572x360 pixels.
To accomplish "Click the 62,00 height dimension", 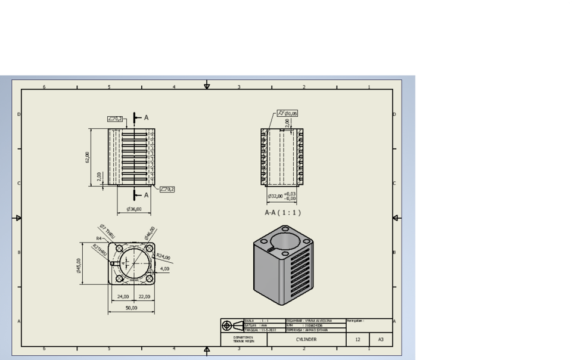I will click(87, 157).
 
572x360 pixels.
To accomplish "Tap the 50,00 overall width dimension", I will click(131, 308).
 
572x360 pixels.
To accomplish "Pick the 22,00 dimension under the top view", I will click(144, 296).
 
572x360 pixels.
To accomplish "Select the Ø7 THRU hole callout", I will click(107, 231).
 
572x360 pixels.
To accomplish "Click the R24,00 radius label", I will click(163, 257).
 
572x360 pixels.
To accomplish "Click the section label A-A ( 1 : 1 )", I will click(283, 212).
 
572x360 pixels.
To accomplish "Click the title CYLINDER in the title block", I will click(306, 340).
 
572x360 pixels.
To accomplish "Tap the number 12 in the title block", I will click(357, 340).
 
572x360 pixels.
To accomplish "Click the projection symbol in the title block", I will click(232, 325).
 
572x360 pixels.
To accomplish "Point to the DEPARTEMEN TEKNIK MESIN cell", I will click(243, 340).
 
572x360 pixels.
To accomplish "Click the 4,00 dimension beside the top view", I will click(164, 269).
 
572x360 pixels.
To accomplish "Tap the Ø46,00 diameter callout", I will click(150, 232).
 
